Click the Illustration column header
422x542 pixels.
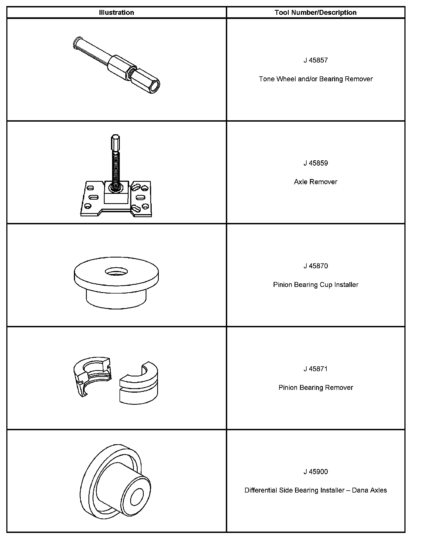pyautogui.click(x=116, y=12)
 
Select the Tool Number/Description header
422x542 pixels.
pyautogui.click(x=316, y=12)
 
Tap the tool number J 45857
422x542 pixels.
pyautogui.click(x=316, y=60)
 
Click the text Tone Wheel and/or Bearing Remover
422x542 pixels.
pyautogui.click(x=316, y=79)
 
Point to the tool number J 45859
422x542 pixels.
pyautogui.click(x=316, y=163)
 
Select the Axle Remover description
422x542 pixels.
pyautogui.click(x=316, y=182)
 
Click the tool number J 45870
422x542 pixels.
pyautogui.click(x=316, y=266)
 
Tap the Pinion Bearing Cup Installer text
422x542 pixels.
pyautogui.click(x=316, y=285)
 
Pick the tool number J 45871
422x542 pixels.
pyautogui.click(x=316, y=369)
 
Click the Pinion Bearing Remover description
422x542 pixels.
pyautogui.click(x=316, y=387)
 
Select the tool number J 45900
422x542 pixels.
pyautogui.click(x=316, y=472)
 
